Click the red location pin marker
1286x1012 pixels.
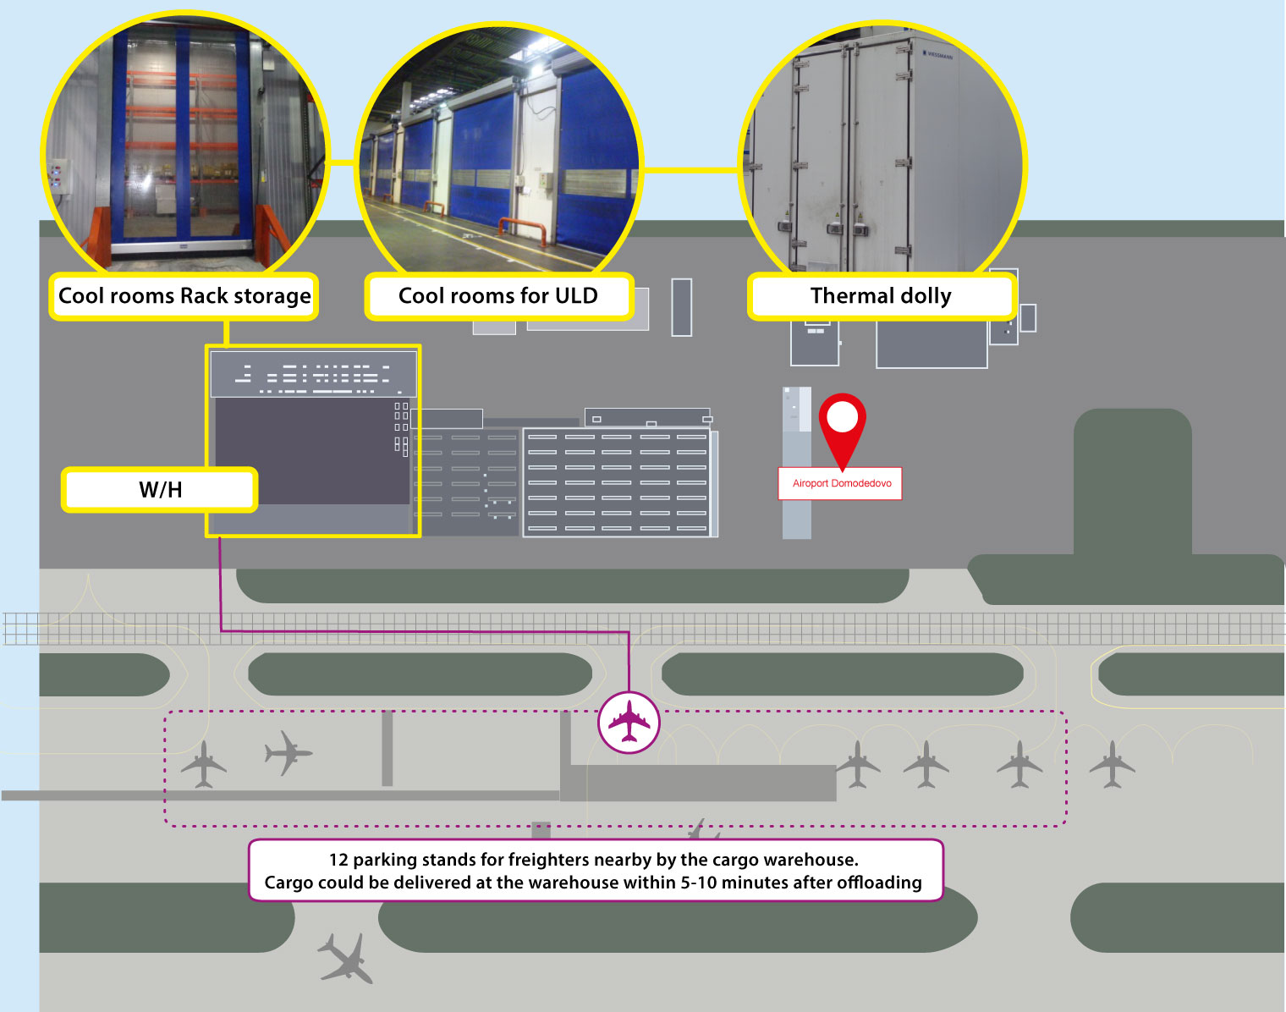pyautogui.click(x=842, y=423)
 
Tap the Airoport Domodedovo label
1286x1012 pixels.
pyautogui.click(x=841, y=484)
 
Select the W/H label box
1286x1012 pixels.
pyautogui.click(x=160, y=490)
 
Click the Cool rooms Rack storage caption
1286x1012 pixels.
pyautogui.click(x=184, y=296)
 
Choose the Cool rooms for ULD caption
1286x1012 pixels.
pyautogui.click(x=498, y=296)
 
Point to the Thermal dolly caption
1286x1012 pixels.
pyautogui.click(x=881, y=296)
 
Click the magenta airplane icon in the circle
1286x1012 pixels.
pyautogui.click(x=629, y=722)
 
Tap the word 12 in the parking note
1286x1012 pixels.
pyautogui.click(x=338, y=860)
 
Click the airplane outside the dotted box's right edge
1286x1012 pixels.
pyautogui.click(x=1112, y=764)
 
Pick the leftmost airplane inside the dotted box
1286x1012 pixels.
pyautogui.click(x=203, y=765)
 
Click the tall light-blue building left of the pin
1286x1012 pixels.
pyautogui.click(x=796, y=462)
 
